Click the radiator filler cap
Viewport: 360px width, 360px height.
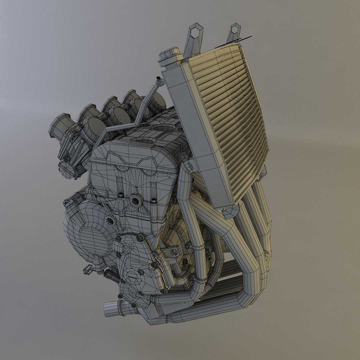click(x=170, y=57)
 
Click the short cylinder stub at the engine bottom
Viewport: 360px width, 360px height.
click(x=113, y=308)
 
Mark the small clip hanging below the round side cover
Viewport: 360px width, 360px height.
click(x=88, y=269)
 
